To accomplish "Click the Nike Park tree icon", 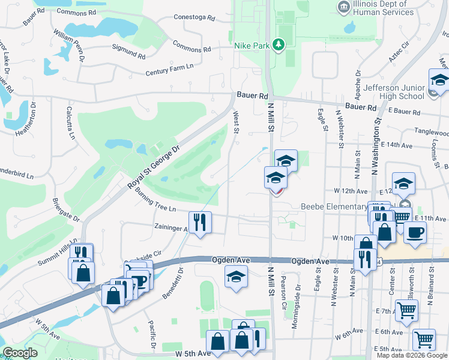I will [277, 44].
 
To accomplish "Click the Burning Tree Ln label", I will [155, 201].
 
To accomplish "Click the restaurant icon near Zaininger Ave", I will [200, 222].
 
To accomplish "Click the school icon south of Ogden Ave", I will [236, 277].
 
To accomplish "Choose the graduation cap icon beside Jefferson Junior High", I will [439, 80].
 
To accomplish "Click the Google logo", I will [20, 353].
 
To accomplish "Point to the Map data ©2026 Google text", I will [411, 355].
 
